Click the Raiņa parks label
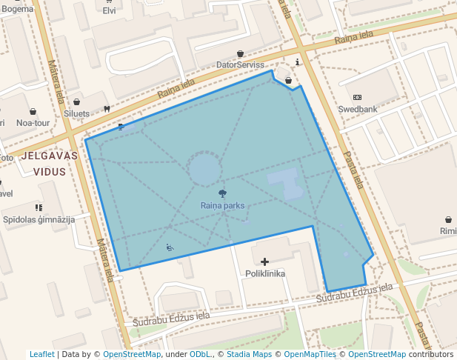click(222, 206)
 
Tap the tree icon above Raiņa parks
click(223, 193)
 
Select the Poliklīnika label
click(264, 273)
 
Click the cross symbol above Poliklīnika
click(264, 261)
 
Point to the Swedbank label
click(358, 109)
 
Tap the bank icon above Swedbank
click(358, 97)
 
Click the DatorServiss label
click(240, 65)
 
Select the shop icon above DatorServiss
click(240, 53)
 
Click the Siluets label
click(77, 114)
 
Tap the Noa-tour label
click(32, 123)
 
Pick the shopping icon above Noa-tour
click(33, 112)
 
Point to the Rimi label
click(448, 231)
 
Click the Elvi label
click(109, 10)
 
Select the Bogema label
click(18, 9)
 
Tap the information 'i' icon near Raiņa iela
click(298, 62)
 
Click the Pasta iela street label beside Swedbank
click(353, 170)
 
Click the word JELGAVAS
click(50, 156)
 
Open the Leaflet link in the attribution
click(42, 354)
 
